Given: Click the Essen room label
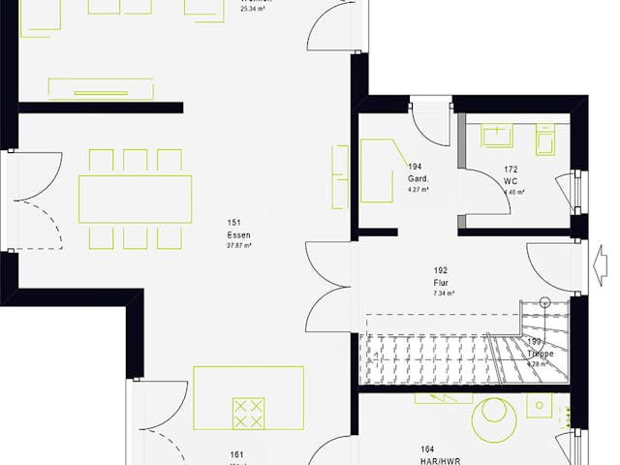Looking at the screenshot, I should point(237,235).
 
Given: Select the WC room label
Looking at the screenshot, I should point(510,181).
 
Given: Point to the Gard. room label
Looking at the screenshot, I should point(418,179).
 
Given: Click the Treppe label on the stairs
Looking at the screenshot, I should point(540,355).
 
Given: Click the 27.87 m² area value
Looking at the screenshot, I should point(237,246).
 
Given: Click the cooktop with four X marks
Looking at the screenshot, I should point(248,412).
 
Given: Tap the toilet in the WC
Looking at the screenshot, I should point(544,141).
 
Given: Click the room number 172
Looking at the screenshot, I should point(510,170).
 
